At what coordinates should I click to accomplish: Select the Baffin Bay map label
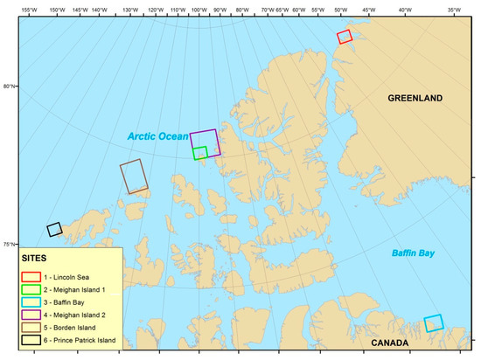(x=415, y=253)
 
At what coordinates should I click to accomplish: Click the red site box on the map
(x=345, y=36)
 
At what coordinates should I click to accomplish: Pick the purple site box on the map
(x=206, y=142)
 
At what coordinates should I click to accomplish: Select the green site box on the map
(x=200, y=153)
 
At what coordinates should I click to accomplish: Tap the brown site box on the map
(x=135, y=177)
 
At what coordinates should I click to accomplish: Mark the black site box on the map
(x=54, y=229)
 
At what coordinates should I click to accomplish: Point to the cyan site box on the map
(x=434, y=323)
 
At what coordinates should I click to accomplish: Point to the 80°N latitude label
(x=10, y=86)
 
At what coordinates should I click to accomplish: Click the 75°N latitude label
(x=10, y=244)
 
